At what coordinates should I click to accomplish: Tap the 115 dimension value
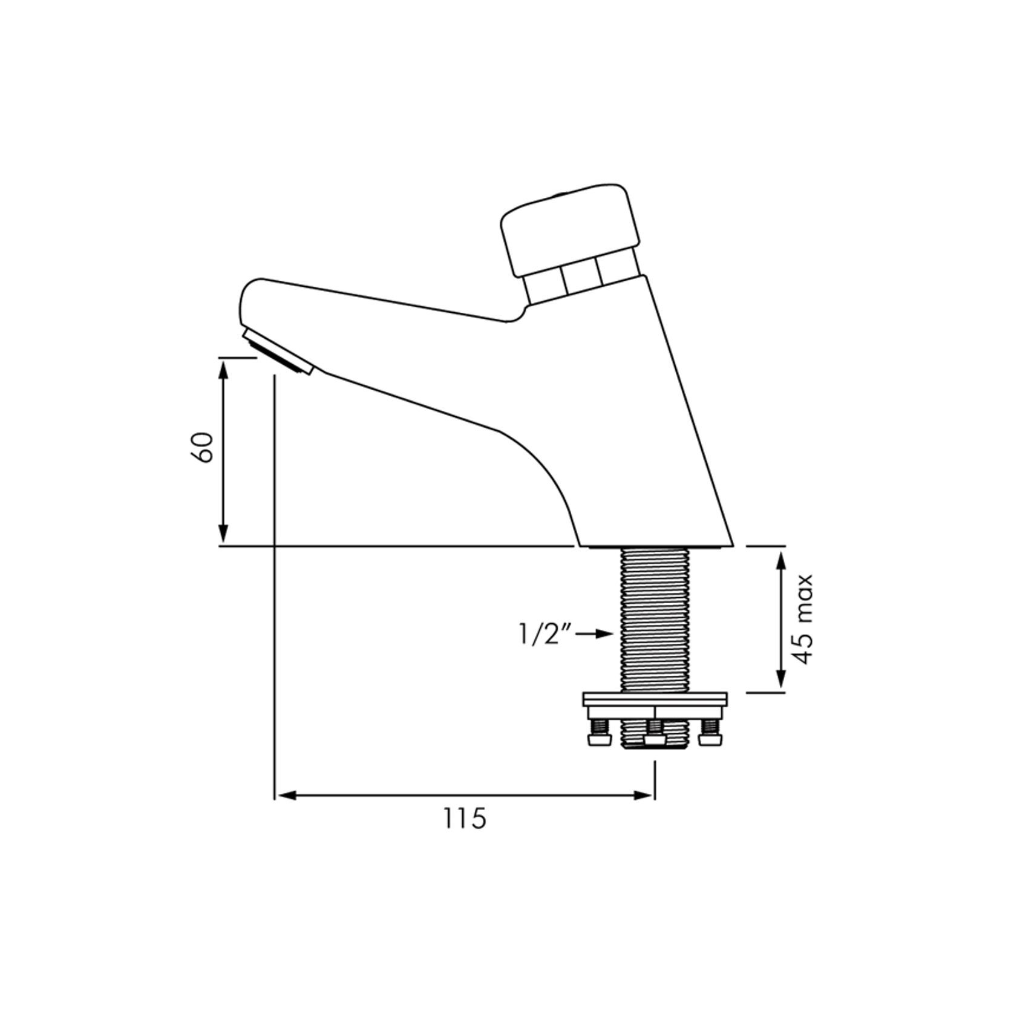(x=465, y=819)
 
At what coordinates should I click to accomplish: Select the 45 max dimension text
(x=804, y=619)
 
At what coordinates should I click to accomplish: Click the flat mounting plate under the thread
(x=655, y=701)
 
